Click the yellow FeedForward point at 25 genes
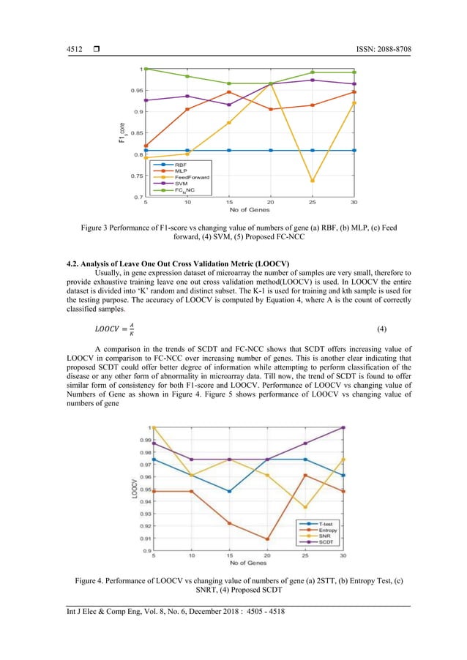313,181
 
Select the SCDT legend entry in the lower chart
326,542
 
